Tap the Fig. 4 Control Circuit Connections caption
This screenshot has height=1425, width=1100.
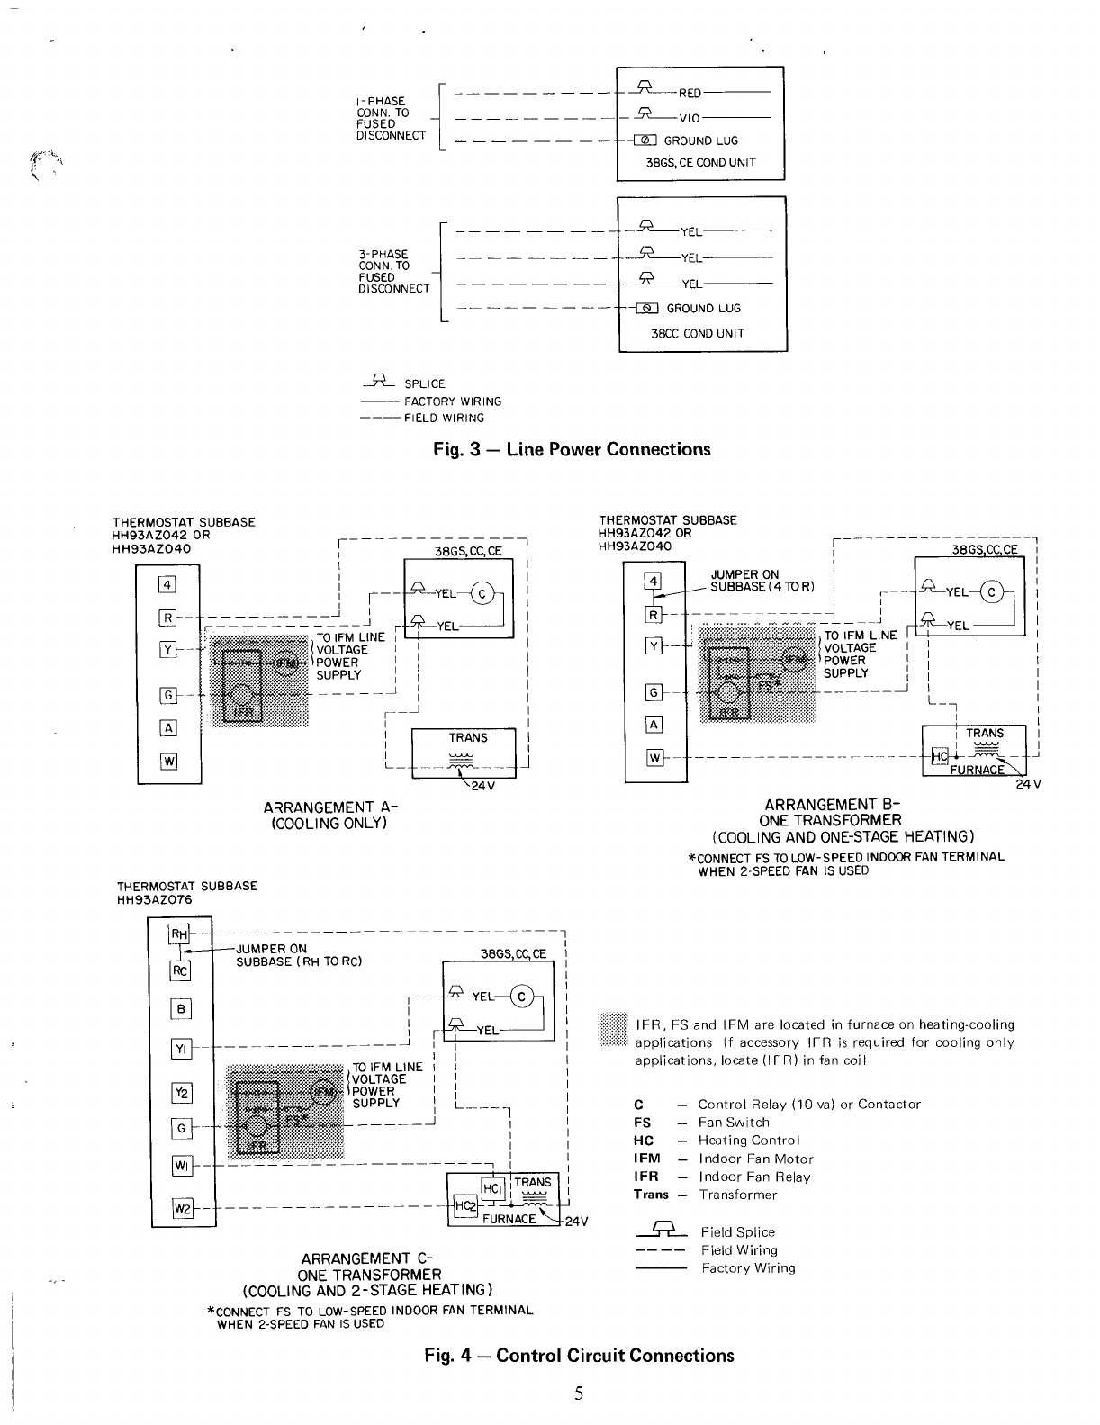[x=580, y=1355]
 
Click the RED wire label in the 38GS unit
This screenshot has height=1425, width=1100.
[x=690, y=93]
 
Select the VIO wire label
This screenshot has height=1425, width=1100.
[x=689, y=118]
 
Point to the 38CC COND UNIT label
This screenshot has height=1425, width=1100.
[x=698, y=333]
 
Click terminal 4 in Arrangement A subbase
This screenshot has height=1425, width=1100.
[x=167, y=584]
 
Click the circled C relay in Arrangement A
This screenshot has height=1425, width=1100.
[x=483, y=593]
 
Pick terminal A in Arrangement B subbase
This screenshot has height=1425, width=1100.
[x=654, y=725]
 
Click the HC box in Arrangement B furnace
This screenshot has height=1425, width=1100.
[x=940, y=757]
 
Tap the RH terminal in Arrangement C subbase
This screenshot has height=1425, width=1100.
[x=179, y=934]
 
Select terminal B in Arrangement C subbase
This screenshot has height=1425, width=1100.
[x=181, y=1009]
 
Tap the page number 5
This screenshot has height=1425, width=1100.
[x=580, y=1394]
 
